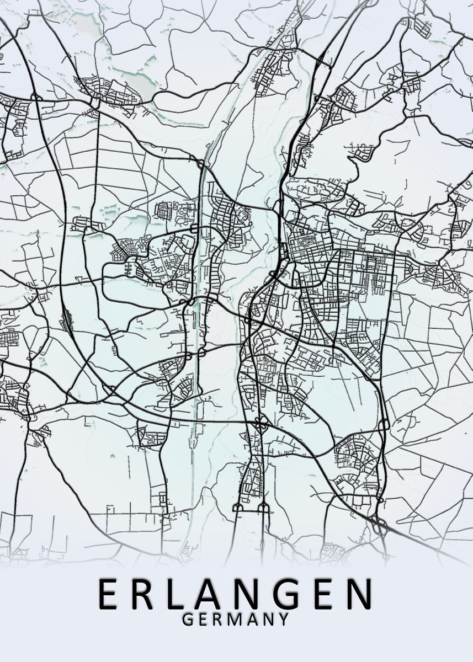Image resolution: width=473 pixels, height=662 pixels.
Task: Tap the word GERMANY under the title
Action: point(236,620)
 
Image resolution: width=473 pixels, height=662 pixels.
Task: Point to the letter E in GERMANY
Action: point(203,620)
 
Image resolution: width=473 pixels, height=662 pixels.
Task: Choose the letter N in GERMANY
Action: point(268,620)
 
